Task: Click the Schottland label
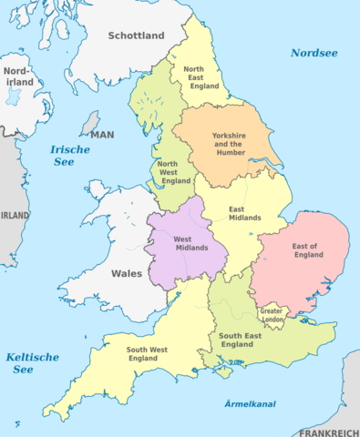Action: pos(136,36)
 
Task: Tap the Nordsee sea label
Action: pos(314,53)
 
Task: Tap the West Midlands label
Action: pos(189,245)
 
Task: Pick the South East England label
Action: pos(242,341)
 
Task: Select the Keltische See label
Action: pos(32,363)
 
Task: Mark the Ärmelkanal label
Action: pos(250,403)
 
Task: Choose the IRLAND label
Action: pos(14,215)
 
